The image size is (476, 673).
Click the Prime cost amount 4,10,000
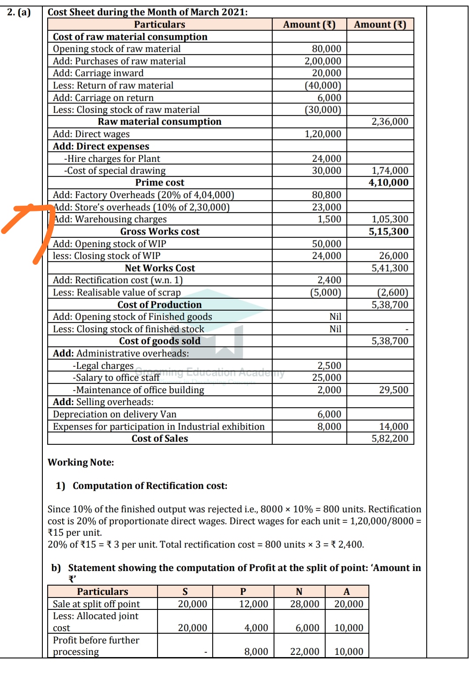[x=388, y=183]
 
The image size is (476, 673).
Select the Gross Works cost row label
[x=160, y=232]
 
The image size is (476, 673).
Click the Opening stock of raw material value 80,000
[x=326, y=49]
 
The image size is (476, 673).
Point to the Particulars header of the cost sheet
[x=159, y=25]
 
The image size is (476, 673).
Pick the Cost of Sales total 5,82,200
[x=390, y=439]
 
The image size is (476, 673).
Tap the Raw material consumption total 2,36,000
[x=390, y=122]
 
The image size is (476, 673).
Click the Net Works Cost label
[x=160, y=268]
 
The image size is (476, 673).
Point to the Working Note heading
[x=81, y=462]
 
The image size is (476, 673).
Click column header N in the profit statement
[x=299, y=592]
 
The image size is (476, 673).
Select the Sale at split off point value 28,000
[x=304, y=604]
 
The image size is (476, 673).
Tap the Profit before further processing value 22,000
[x=304, y=652]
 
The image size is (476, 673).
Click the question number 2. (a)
[x=19, y=12]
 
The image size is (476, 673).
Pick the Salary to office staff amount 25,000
[x=326, y=378]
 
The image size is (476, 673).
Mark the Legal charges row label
[x=103, y=366]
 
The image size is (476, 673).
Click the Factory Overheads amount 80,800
[x=326, y=195]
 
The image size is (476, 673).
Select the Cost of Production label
[x=159, y=305]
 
